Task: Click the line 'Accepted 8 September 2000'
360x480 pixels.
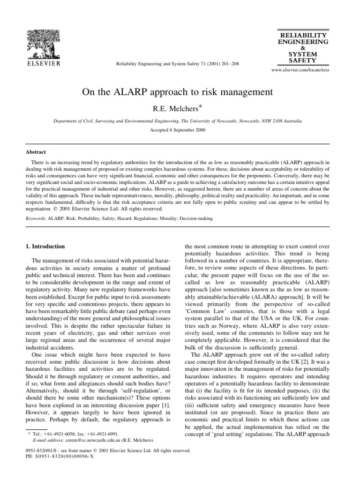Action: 180,129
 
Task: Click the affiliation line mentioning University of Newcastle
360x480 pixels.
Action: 180,120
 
